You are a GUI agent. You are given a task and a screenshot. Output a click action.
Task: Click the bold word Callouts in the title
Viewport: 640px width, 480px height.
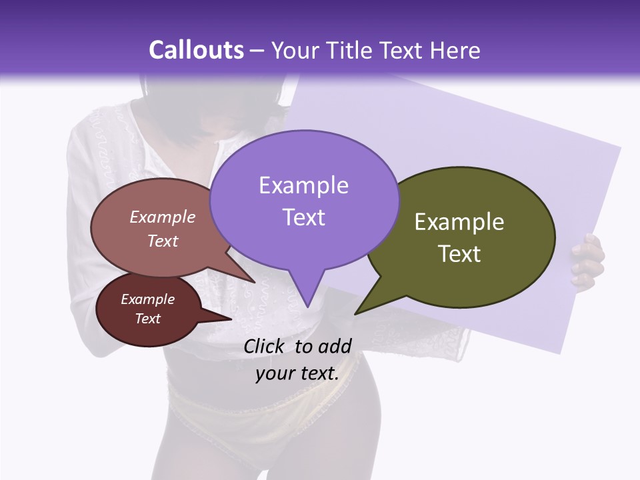pyautogui.click(x=196, y=51)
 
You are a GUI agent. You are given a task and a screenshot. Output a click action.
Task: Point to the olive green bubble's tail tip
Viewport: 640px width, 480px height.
pyautogui.click(x=358, y=311)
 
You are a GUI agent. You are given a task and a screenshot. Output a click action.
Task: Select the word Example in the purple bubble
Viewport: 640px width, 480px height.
pyautogui.click(x=303, y=185)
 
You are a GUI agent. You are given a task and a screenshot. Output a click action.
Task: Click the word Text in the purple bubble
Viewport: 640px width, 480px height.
pyautogui.click(x=303, y=217)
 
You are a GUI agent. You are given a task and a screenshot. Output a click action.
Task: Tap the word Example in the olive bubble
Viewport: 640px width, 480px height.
pyautogui.click(x=459, y=222)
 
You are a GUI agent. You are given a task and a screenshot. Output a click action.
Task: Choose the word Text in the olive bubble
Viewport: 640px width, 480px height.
pyautogui.click(x=459, y=254)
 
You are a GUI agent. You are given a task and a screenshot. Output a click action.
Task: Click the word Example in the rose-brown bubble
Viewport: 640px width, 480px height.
pyautogui.click(x=162, y=217)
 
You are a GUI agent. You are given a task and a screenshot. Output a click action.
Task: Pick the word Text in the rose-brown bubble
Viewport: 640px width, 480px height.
pyautogui.click(x=162, y=241)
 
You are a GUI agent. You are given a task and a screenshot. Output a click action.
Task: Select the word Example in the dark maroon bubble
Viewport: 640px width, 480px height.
pyautogui.click(x=147, y=299)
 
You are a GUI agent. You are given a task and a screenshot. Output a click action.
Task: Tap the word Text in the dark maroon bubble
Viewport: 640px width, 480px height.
pyautogui.click(x=147, y=319)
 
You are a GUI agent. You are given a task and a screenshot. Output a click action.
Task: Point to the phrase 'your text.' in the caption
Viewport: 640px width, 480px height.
pyautogui.click(x=297, y=373)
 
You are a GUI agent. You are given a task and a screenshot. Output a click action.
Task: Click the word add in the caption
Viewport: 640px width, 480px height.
pyautogui.click(x=335, y=346)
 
